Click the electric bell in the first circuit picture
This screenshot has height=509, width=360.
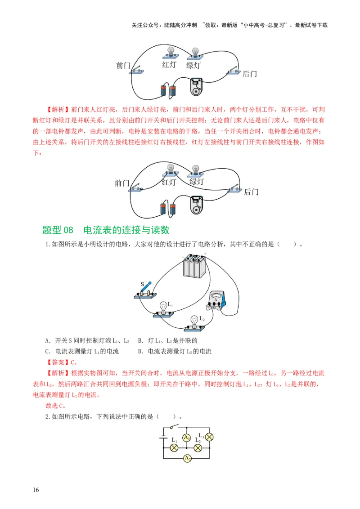(x=196, y=87)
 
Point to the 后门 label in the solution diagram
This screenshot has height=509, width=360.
(x=251, y=192)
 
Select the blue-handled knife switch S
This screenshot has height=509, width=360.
(x=145, y=290)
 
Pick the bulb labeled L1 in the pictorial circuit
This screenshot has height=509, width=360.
(x=162, y=309)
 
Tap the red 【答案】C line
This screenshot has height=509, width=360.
(x=62, y=362)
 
